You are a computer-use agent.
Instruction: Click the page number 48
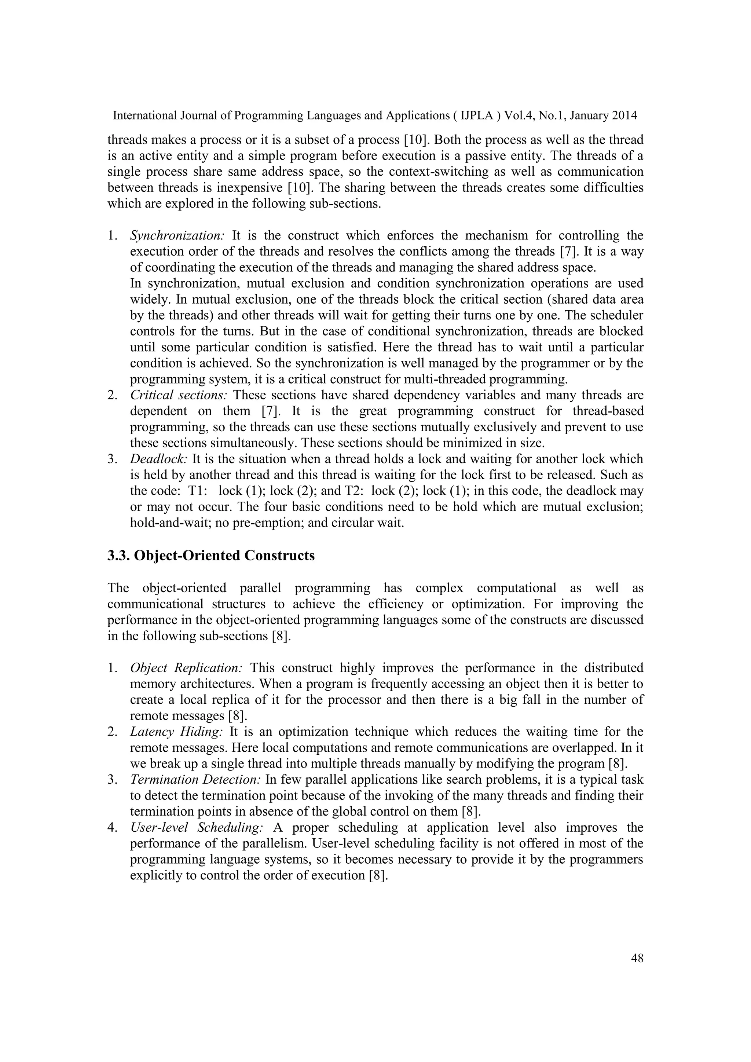[x=637, y=958]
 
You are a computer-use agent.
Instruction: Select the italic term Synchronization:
[x=177, y=235]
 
